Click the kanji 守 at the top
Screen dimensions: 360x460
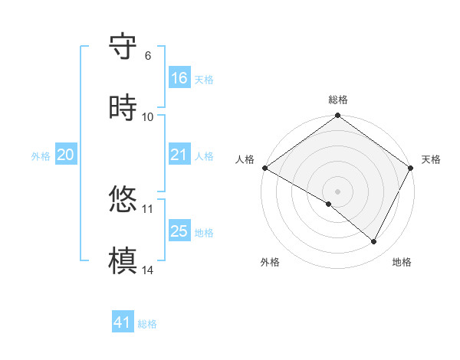pos(123,47)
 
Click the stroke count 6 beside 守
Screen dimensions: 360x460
pos(148,56)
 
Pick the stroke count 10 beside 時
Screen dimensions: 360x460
pos(148,117)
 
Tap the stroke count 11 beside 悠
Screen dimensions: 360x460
pos(148,208)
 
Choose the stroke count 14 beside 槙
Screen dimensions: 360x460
pos(148,270)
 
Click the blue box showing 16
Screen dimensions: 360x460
pos(179,78)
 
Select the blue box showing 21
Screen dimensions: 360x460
pos(179,155)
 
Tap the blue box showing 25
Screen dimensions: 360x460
pos(179,231)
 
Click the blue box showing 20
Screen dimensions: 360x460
pos(66,155)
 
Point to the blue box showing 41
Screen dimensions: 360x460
pos(123,322)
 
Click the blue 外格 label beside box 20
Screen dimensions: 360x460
pos(41,155)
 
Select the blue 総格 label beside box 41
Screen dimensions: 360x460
pos(147,324)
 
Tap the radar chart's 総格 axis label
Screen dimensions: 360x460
pos(338,100)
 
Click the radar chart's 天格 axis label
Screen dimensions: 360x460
pos(431,159)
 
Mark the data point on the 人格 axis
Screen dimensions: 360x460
pos(264,168)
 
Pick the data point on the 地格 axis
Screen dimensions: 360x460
pos(374,242)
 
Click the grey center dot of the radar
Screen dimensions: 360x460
pos(338,191)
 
